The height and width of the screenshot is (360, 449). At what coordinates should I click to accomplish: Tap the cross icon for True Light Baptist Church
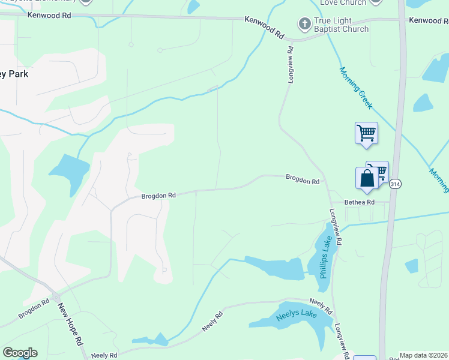click(x=304, y=25)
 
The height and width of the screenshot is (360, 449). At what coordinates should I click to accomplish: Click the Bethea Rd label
click(x=359, y=202)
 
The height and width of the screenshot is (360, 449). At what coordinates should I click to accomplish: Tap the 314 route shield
click(x=395, y=183)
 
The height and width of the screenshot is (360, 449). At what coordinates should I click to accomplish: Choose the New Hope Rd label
click(x=70, y=325)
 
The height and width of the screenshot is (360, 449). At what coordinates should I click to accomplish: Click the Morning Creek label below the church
click(x=357, y=88)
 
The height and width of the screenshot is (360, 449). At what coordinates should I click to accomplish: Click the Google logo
click(x=20, y=353)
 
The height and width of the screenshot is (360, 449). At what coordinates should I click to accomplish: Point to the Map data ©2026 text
click(x=424, y=355)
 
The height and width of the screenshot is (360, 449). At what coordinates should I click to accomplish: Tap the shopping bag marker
click(x=367, y=178)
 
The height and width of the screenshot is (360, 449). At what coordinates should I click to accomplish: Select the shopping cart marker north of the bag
click(x=366, y=133)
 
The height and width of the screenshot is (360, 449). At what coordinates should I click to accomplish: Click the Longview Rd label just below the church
click(x=289, y=64)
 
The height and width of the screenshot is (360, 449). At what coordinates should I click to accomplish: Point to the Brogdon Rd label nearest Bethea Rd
click(x=302, y=179)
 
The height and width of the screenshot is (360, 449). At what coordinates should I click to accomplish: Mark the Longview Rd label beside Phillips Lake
click(x=336, y=227)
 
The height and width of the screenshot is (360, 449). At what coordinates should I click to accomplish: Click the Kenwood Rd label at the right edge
click(x=429, y=20)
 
